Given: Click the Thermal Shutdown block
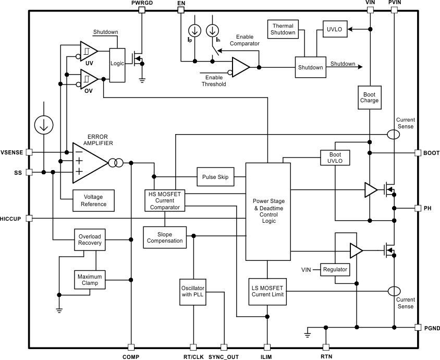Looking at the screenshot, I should [x=283, y=29].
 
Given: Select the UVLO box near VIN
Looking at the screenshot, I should [x=334, y=29].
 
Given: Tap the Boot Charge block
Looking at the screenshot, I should [x=369, y=97].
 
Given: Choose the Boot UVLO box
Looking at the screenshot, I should [x=335, y=158].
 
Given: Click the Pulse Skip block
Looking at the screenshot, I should [x=215, y=177].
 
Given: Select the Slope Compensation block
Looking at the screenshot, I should [x=165, y=237].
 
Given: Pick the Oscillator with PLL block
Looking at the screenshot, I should [x=193, y=291].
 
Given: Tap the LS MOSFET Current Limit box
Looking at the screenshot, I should [x=267, y=291].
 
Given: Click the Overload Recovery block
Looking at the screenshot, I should [x=90, y=239].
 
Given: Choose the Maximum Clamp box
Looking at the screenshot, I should [x=90, y=280].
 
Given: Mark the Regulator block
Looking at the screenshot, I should [x=335, y=270].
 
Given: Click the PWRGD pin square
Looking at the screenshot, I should [x=141, y=10].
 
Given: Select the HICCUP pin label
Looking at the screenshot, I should [x=11, y=219].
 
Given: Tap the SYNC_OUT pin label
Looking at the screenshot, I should [x=223, y=357].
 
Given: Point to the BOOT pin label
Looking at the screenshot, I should [x=431, y=153].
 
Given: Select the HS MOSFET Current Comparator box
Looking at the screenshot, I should [x=164, y=200].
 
